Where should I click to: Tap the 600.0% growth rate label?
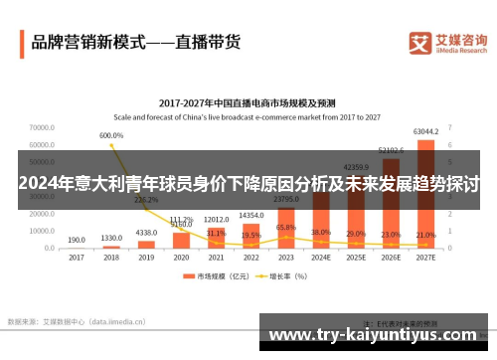click(111, 135)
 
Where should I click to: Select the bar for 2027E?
click(425, 193)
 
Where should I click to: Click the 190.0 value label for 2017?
click(77, 240)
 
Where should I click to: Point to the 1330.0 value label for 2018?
click(111, 239)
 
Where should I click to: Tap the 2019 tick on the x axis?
click(146, 257)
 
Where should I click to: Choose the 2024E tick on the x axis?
click(320, 257)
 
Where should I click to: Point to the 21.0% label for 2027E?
click(425, 235)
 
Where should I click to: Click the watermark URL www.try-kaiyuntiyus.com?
click(373, 335)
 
